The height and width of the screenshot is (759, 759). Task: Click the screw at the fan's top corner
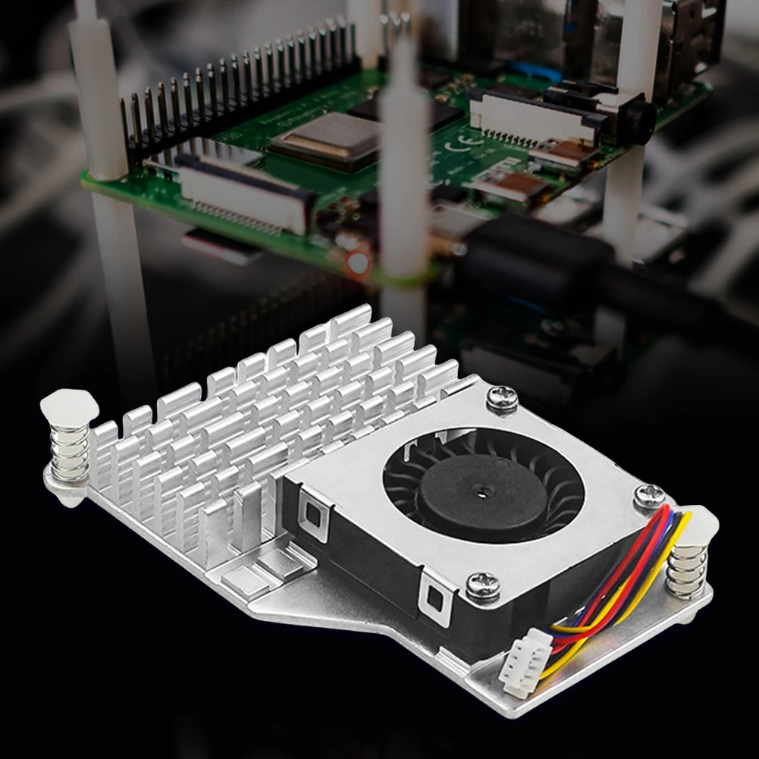[502, 399]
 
